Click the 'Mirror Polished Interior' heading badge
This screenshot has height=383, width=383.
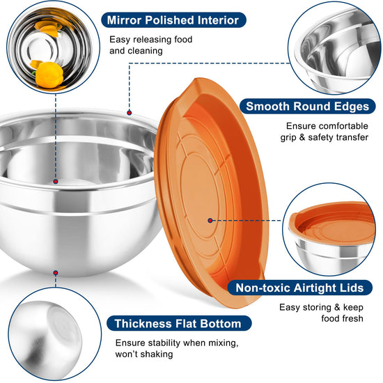click(173, 20)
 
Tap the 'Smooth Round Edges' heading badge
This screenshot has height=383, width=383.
click(307, 107)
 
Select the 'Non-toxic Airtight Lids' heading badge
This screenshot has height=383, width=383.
click(299, 288)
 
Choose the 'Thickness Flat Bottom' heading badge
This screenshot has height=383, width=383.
click(178, 323)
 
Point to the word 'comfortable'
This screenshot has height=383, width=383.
click(343, 126)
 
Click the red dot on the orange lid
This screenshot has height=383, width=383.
click(210, 221)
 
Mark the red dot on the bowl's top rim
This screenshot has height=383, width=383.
click(130, 113)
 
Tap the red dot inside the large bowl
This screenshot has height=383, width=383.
click(56, 182)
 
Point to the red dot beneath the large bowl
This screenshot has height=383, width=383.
click(56, 273)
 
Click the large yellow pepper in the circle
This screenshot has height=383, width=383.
click(49, 75)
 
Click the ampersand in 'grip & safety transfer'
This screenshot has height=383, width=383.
click(302, 137)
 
